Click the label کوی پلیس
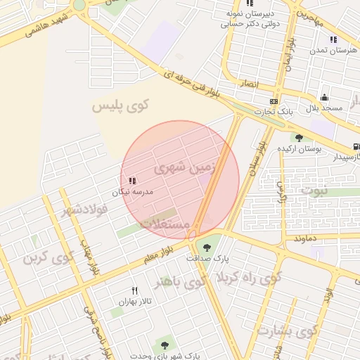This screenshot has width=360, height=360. tap(121, 105)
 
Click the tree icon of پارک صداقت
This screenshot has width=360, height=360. tap(207, 246)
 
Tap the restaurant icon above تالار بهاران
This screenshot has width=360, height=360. tap(134, 290)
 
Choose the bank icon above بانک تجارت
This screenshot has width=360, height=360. tap(274, 101)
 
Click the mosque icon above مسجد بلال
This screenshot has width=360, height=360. tap(324, 98)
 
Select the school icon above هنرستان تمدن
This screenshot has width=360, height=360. tap(333, 40)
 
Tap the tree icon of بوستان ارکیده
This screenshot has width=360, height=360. tap(299, 138)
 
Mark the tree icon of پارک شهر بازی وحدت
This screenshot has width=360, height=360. tap(165, 345)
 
